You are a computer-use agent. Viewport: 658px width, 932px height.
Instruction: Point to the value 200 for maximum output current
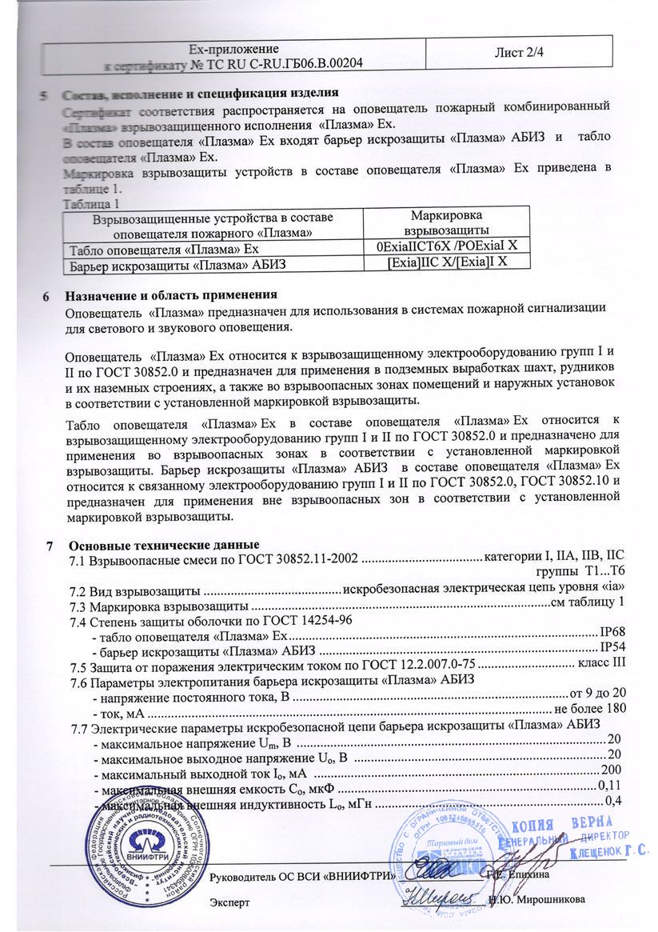tap(611, 769)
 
